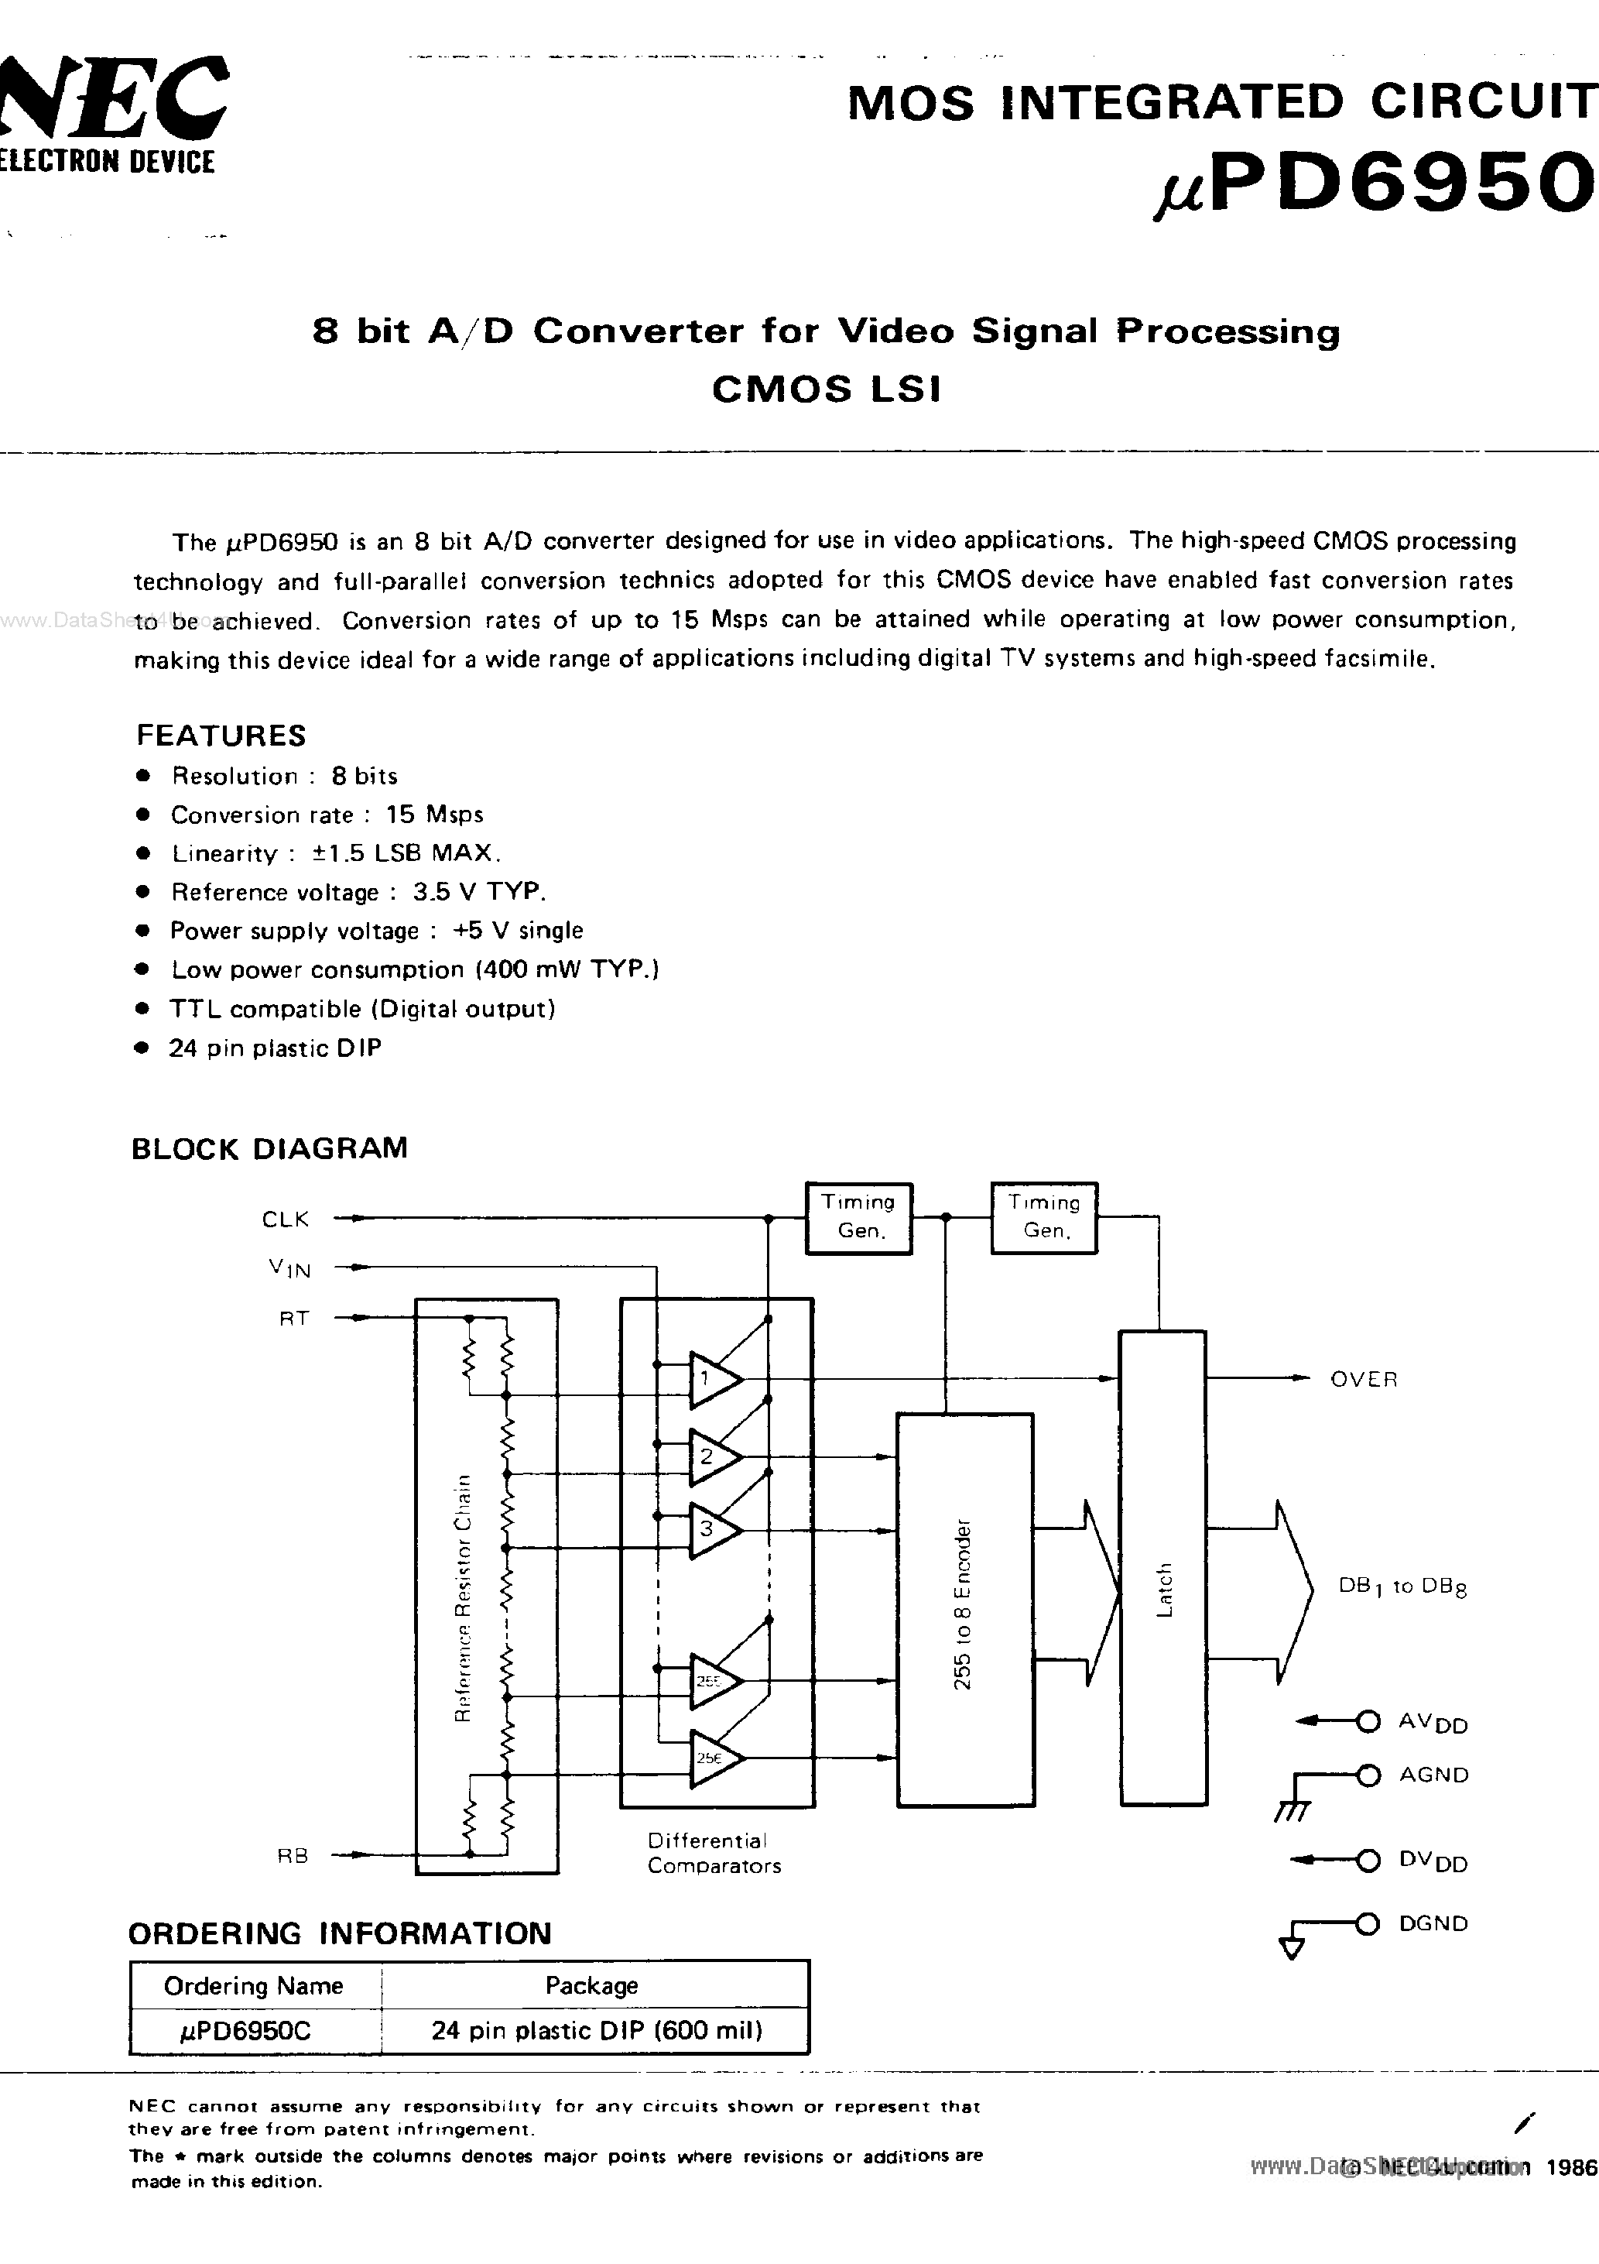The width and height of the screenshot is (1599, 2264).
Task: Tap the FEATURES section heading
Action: (x=221, y=736)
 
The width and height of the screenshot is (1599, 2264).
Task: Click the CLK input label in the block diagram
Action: (x=285, y=1219)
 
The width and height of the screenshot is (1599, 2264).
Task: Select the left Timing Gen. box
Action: (x=858, y=1218)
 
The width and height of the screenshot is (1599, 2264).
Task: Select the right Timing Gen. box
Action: (x=1044, y=1218)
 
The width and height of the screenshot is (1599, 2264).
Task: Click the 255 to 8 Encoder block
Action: (x=964, y=1609)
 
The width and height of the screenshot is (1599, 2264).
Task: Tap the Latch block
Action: (x=1163, y=1568)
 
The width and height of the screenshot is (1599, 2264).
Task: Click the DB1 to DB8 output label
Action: (x=1402, y=1587)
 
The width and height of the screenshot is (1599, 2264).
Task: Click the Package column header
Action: (x=591, y=1985)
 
